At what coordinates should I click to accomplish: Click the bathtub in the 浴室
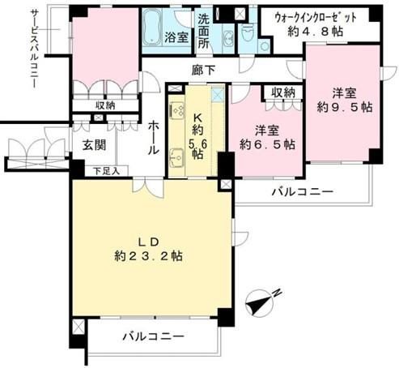tap(152, 28)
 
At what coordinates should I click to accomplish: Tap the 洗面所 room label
tap(204, 31)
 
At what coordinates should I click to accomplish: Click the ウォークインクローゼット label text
tap(315, 18)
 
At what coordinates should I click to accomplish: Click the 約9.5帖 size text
tap(345, 107)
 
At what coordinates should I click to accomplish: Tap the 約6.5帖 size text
tap(267, 144)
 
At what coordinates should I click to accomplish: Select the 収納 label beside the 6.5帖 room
tap(283, 93)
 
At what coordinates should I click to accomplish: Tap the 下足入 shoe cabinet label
tap(107, 171)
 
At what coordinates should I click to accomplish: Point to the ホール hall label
tap(154, 138)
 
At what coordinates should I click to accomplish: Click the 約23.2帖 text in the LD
tap(149, 256)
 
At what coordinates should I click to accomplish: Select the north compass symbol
tap(261, 302)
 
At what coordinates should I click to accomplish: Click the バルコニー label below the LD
tap(154, 336)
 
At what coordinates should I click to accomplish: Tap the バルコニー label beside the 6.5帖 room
tap(303, 192)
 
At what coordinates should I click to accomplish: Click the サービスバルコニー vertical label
tap(34, 49)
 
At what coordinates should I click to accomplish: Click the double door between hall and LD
tap(148, 186)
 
